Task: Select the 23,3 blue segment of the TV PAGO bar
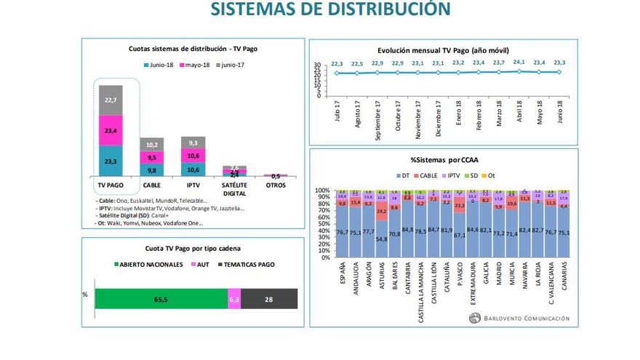(x=111, y=161)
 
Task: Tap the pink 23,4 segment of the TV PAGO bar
(x=111, y=129)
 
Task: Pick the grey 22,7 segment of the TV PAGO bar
(x=111, y=100)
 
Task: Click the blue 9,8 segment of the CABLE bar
(x=153, y=170)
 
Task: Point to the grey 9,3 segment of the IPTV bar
(x=193, y=143)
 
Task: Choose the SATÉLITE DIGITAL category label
(x=234, y=189)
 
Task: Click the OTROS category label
(x=276, y=185)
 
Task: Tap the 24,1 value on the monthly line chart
(x=519, y=63)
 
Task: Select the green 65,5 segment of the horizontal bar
(x=161, y=298)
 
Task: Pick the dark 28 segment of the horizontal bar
(x=269, y=298)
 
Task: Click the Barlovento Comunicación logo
(x=519, y=317)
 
